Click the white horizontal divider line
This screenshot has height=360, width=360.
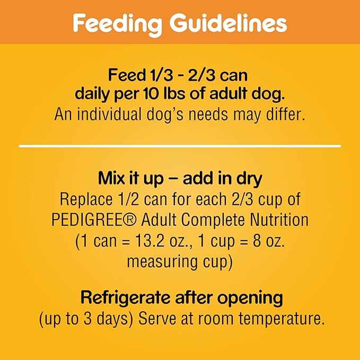pyautogui.click(x=180, y=145)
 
